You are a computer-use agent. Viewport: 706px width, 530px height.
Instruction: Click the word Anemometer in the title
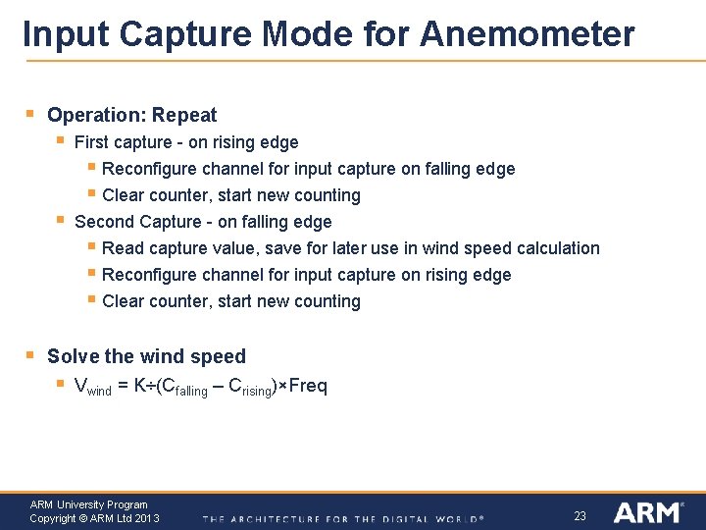coord(527,33)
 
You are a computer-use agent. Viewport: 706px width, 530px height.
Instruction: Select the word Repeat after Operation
coord(184,115)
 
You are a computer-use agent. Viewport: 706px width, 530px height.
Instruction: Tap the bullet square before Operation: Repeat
coord(30,115)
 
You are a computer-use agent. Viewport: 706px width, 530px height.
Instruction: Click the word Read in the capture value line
coord(122,248)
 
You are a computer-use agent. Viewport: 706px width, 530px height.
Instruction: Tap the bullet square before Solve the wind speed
coord(30,355)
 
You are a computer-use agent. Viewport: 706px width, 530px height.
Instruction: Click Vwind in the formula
coord(93,387)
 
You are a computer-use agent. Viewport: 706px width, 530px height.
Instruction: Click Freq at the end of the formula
coord(308,386)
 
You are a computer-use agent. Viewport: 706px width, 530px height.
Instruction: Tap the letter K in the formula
coord(140,386)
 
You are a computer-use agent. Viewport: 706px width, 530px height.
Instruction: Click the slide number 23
coord(580,514)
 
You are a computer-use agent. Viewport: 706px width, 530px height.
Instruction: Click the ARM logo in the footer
coord(646,512)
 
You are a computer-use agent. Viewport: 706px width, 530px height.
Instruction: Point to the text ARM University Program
coord(88,504)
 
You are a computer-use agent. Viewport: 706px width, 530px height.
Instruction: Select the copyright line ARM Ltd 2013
coord(94,518)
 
